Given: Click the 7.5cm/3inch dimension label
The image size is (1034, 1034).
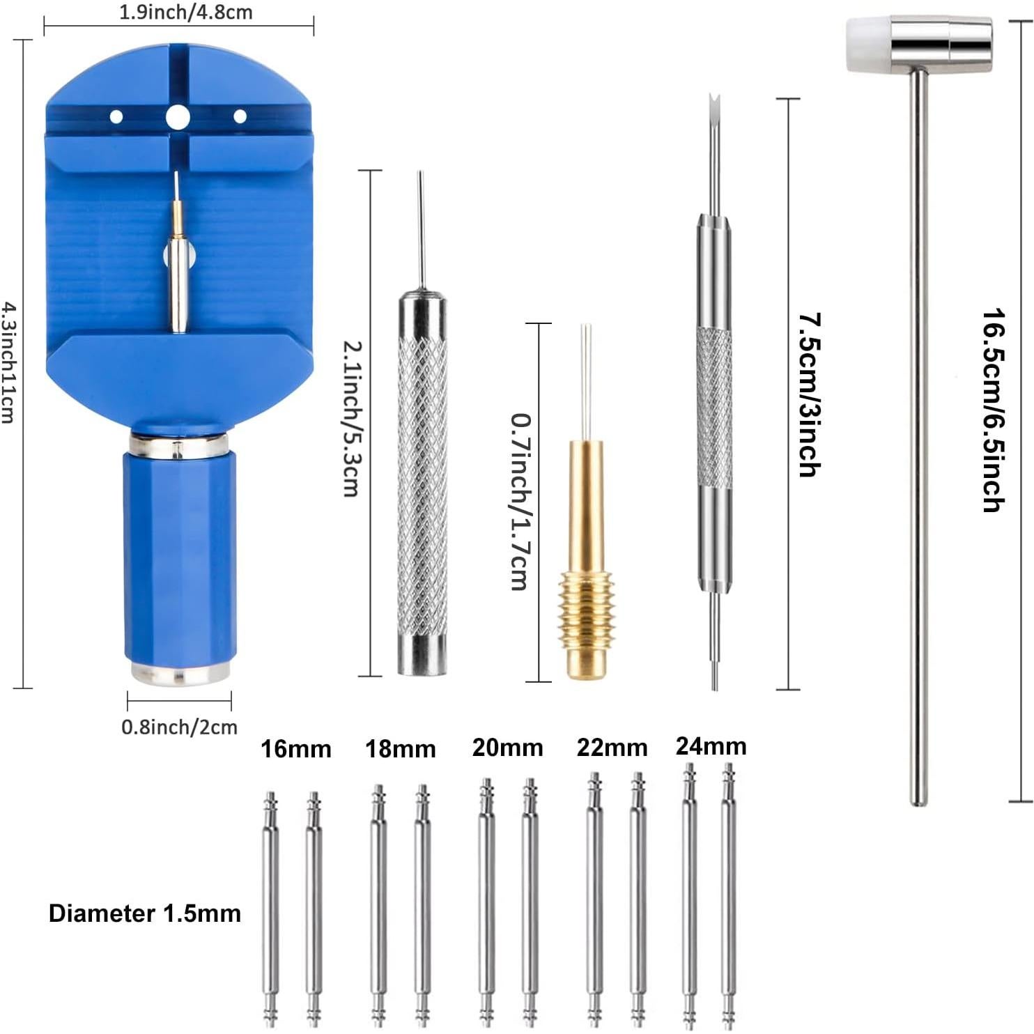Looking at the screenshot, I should pos(808,394).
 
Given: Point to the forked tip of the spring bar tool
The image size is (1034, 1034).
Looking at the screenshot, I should pos(713,105).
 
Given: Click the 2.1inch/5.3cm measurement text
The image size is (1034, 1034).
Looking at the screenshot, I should pos(351,418).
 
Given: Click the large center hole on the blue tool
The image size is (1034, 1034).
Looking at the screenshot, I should pos(178,117).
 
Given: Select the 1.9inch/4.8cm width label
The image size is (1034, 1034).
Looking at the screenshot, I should pos(185,12).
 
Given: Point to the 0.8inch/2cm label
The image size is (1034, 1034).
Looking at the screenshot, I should pos(179,727).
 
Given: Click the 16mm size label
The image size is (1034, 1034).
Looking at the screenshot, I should pos(296,749).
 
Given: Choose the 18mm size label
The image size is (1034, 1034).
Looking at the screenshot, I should pos(401,749).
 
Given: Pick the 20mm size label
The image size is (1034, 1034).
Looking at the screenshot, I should pos(507,748).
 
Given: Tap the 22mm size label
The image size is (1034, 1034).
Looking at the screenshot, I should pos(612,748).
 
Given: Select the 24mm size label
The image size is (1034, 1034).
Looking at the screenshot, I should pos(711,746).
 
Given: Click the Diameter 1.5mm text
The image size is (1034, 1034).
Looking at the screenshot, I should pos(145,913).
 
